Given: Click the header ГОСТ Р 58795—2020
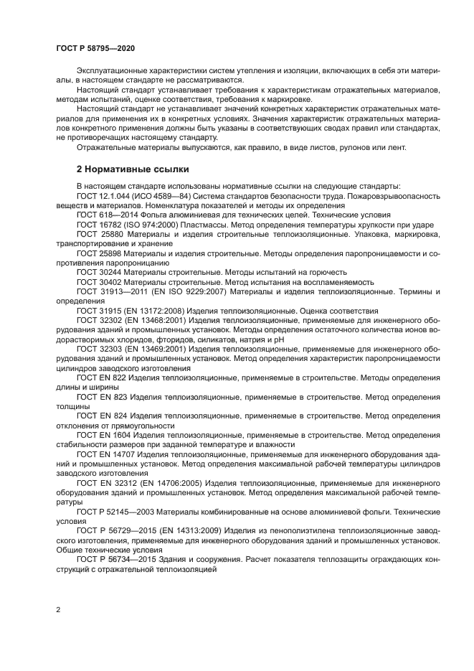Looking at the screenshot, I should [x=95, y=47].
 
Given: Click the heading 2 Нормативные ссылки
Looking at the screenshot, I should [x=133, y=170].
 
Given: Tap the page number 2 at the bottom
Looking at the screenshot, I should [x=59, y=610].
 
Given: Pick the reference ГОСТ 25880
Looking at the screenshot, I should [x=98, y=234].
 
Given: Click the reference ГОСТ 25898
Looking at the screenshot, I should [x=98, y=253].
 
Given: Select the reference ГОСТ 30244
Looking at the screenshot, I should [x=98, y=272].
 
